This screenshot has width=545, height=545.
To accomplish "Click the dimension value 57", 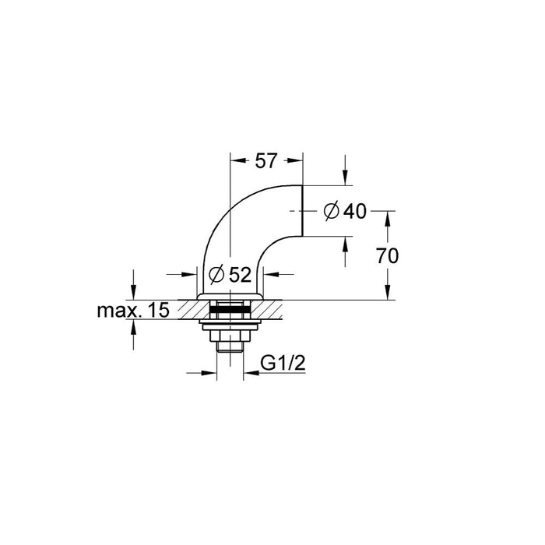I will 266,162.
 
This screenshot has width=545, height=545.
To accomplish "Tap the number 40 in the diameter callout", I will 354,210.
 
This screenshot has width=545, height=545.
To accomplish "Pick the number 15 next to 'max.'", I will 158,311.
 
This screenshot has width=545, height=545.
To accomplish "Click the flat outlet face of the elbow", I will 302,210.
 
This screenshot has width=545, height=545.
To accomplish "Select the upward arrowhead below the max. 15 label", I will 134,325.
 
